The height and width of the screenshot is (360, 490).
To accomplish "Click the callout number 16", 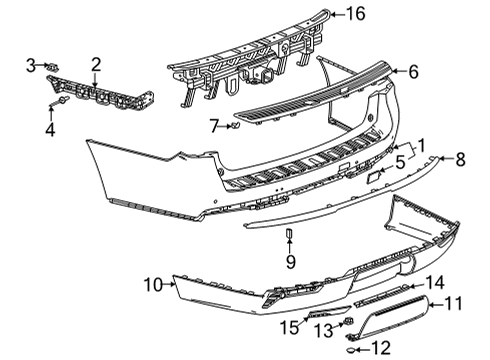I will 356,14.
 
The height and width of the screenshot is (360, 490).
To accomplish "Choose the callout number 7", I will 212,125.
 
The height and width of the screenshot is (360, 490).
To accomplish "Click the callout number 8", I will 461,158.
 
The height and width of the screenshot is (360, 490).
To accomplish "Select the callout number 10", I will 152,285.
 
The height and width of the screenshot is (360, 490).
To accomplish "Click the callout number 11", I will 452,302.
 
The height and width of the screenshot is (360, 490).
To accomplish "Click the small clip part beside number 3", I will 52,67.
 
